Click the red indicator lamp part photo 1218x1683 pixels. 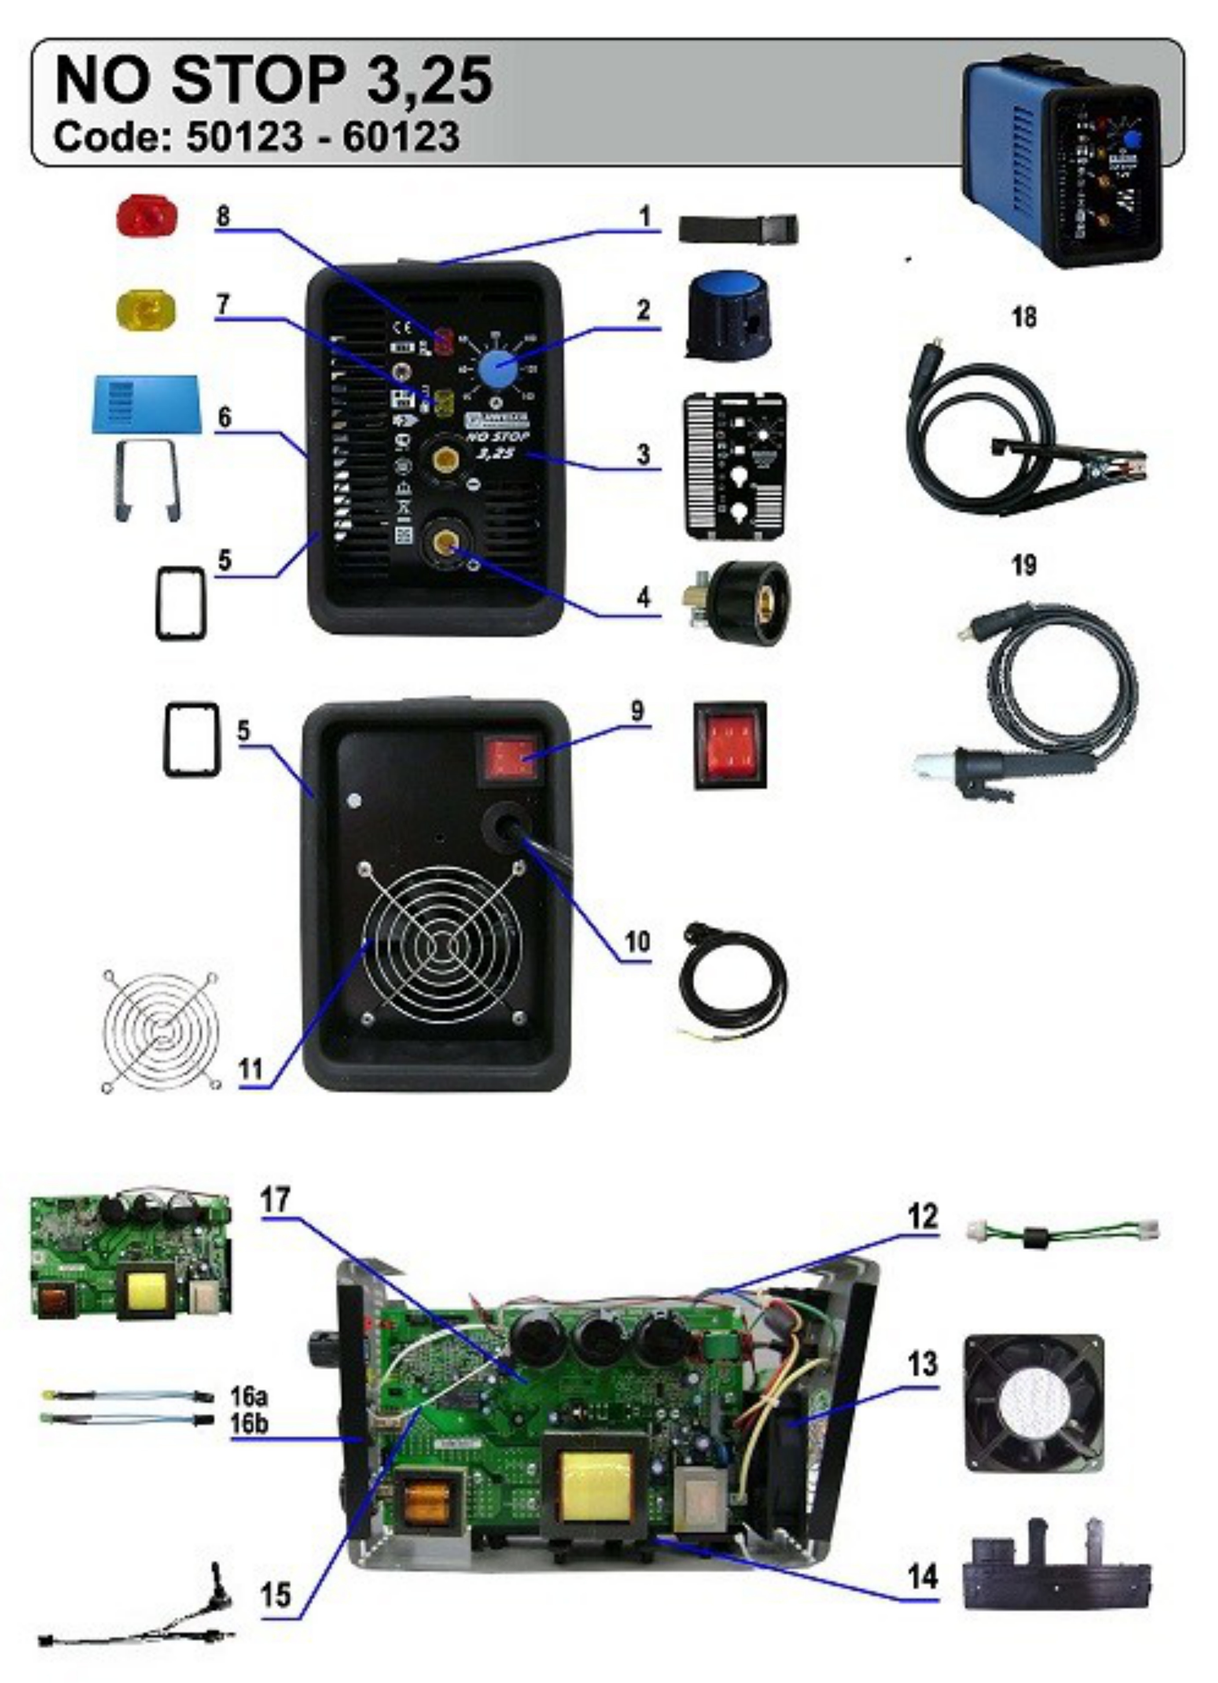pos(147,216)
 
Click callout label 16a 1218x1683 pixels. pos(249,1396)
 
